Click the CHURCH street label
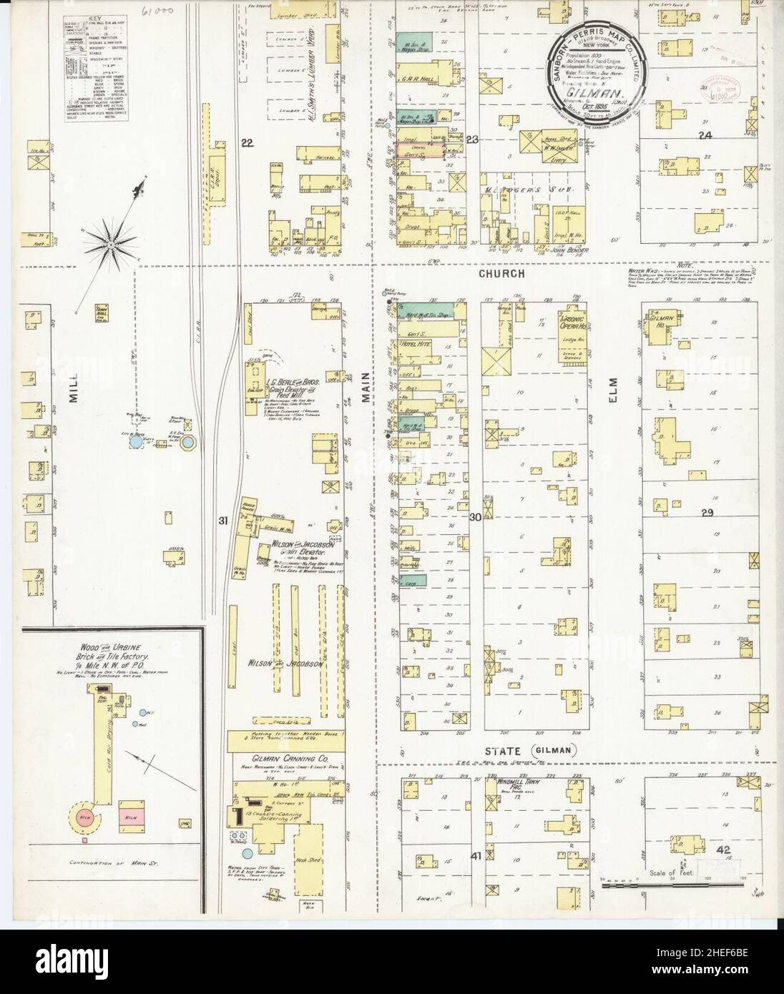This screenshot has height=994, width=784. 503,274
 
